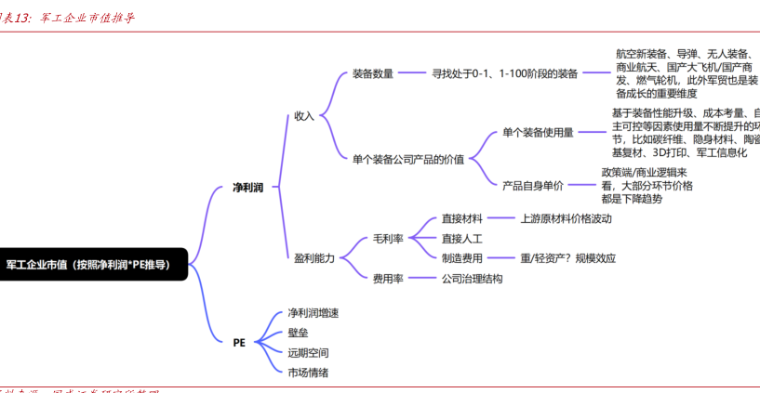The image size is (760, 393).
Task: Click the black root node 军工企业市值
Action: point(89,264)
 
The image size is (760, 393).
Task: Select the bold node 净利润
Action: point(247,188)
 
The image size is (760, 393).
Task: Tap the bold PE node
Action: point(239,342)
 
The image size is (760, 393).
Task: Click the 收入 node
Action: point(304,116)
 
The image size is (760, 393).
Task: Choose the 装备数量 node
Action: point(373,73)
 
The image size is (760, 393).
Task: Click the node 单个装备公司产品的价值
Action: point(408,158)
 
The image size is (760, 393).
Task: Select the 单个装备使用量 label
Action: point(538,133)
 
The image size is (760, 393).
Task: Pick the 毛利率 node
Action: point(388,239)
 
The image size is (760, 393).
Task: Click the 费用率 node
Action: point(388,278)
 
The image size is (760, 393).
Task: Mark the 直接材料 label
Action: point(461,219)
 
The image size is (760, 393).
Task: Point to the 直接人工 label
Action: point(461,239)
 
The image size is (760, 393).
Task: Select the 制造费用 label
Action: point(461,258)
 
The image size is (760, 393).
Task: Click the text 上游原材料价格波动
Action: point(566,219)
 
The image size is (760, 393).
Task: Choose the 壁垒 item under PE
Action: point(298,333)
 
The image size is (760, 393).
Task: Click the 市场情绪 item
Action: point(308,372)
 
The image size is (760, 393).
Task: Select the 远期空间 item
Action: point(308,352)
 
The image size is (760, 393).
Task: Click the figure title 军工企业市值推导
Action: point(88,18)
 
